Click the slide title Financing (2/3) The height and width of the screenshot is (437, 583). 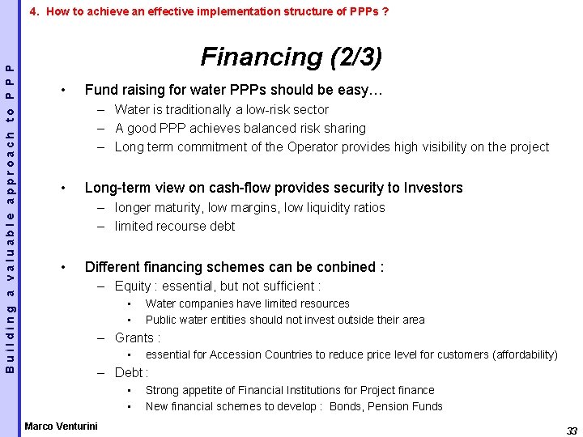[291, 57]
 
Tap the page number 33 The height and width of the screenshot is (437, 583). [572, 431]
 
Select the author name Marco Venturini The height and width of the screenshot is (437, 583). [61, 426]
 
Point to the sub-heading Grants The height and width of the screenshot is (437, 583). [136, 337]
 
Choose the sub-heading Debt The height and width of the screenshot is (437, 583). [130, 372]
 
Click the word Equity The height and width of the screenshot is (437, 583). [133, 286]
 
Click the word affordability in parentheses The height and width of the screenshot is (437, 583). [524, 354]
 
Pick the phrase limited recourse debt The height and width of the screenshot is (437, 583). [174, 226]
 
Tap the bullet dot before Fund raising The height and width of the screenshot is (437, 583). [63, 90]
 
